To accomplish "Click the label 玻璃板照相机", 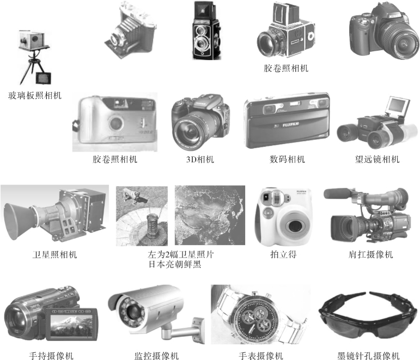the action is [x=35, y=95].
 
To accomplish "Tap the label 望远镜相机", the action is [x=377, y=160].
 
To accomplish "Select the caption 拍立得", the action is [x=284, y=254].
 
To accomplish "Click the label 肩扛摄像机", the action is [x=371, y=254].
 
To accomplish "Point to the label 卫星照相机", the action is [x=54, y=254].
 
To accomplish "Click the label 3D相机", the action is [x=200, y=160].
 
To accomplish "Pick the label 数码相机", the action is [x=287, y=160].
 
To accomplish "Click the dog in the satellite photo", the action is [x=135, y=196].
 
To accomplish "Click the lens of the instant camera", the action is [x=294, y=225].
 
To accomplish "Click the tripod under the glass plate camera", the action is [x=33, y=66].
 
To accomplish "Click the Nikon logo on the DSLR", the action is [x=394, y=16].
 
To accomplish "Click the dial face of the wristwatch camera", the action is [x=254, y=318].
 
